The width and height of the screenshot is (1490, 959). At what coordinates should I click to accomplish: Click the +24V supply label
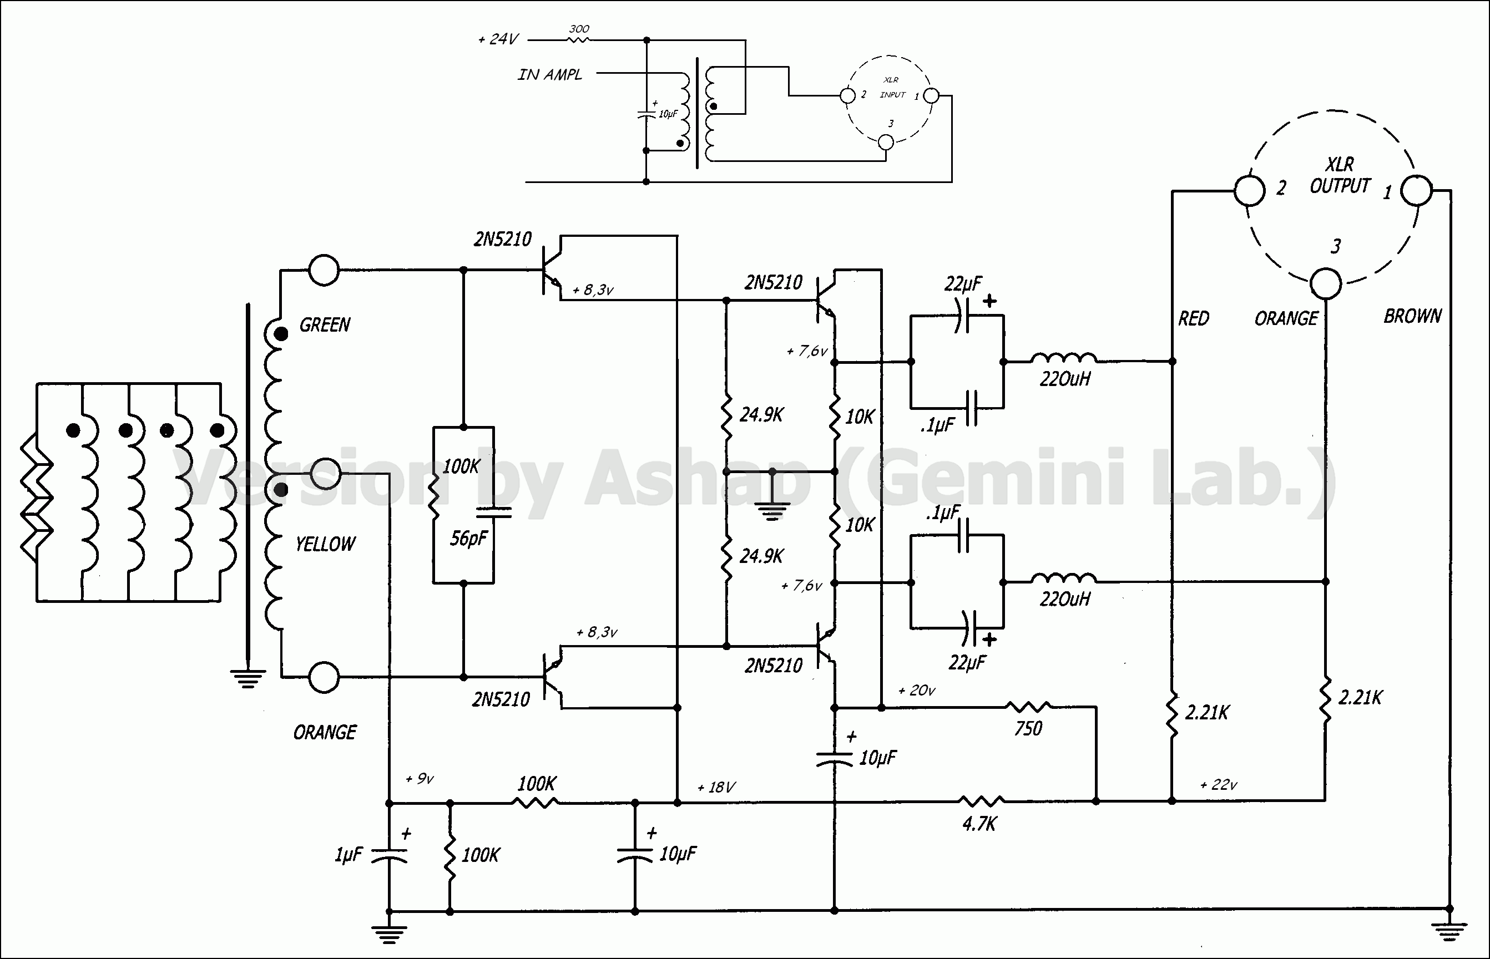click(x=498, y=40)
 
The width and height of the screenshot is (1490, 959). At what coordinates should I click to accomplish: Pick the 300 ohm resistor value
click(x=579, y=29)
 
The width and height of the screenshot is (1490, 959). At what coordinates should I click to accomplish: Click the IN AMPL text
click(x=549, y=75)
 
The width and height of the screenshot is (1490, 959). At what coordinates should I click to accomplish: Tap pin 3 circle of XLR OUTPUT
click(x=1326, y=284)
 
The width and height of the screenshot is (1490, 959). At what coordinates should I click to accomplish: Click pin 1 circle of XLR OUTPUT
click(x=1416, y=191)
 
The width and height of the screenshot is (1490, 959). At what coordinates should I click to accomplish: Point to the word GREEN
click(x=325, y=325)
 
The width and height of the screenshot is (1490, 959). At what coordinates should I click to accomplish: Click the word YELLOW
click(x=325, y=544)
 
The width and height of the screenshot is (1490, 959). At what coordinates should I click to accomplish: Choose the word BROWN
click(x=1412, y=316)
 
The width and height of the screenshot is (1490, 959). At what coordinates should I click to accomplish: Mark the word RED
click(x=1194, y=319)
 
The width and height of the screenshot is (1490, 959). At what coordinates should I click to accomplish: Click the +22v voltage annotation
click(x=1219, y=785)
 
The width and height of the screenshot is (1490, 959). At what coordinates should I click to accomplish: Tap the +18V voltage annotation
click(x=716, y=788)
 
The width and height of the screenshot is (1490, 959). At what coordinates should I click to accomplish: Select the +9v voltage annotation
click(x=420, y=779)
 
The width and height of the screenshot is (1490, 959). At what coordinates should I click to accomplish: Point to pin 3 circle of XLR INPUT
click(x=885, y=143)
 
